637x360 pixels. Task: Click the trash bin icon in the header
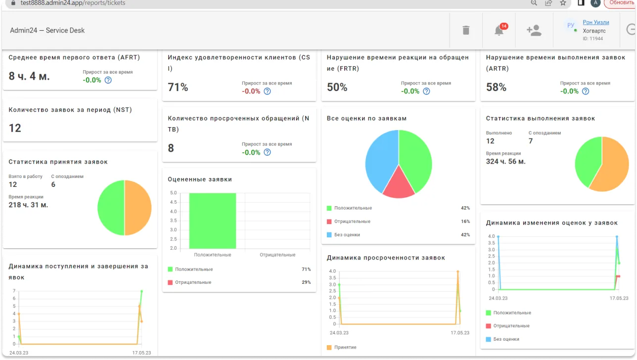click(x=466, y=30)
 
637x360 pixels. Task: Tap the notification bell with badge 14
click(x=500, y=30)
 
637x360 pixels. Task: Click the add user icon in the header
click(x=534, y=30)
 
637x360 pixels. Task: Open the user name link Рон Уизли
click(x=596, y=22)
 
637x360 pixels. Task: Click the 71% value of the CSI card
click(x=178, y=87)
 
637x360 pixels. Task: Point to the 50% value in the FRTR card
click(x=337, y=87)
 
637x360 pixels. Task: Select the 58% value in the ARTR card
click(x=496, y=87)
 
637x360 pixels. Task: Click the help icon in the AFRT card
click(x=108, y=80)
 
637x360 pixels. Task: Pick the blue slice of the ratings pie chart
click(x=380, y=161)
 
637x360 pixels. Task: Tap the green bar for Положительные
click(x=213, y=221)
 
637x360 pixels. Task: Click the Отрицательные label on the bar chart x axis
click(x=277, y=255)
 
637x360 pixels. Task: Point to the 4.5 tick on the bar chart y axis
click(x=173, y=202)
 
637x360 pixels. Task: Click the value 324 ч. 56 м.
click(x=505, y=162)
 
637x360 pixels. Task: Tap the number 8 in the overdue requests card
click(x=171, y=148)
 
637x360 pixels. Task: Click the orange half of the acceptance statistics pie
click(x=138, y=208)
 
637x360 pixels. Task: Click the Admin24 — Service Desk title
click(x=47, y=31)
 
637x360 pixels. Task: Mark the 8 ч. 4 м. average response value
click(x=29, y=76)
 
